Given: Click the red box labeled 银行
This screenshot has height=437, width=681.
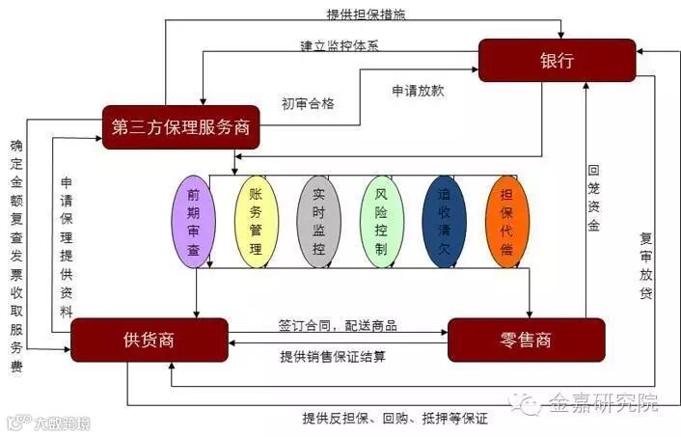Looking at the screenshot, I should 557,60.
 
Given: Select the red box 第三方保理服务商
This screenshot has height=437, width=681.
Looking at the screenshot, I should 181,126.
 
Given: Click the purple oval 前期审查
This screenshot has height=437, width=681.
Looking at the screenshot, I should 194,221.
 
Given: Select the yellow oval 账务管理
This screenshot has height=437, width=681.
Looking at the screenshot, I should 256,221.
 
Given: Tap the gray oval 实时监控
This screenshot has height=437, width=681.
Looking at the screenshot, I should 318,221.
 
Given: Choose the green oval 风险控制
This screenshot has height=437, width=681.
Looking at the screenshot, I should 381,221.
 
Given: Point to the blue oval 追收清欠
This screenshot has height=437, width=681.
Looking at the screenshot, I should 445,221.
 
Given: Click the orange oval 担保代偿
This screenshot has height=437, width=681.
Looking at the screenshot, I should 507,221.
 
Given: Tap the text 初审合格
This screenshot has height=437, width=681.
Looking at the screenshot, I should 308,103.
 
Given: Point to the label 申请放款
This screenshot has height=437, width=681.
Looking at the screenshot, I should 418,91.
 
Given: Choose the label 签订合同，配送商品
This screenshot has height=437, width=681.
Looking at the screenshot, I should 338,325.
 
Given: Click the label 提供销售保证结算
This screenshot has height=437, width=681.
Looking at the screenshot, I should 333,356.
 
